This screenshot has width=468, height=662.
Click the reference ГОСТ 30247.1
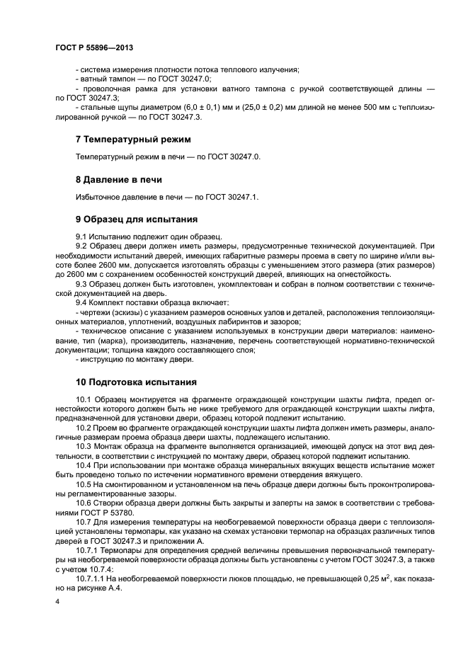click(x=234, y=196)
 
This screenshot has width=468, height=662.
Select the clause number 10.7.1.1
click(x=91, y=579)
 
